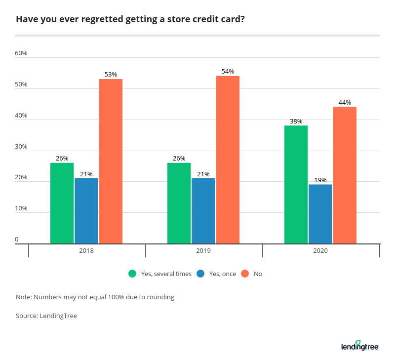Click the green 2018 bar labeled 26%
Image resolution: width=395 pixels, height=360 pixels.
coord(62,203)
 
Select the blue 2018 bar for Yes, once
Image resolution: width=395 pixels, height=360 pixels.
coord(86,211)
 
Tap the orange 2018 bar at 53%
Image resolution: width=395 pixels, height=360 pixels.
coord(111,161)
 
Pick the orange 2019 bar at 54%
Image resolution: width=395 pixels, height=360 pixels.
coord(228,160)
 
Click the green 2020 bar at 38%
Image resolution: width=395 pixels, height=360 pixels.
coord(296,184)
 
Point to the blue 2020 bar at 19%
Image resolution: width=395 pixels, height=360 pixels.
coord(320,214)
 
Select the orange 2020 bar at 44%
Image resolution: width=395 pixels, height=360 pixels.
coord(345,175)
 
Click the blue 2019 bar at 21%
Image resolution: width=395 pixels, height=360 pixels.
coord(203,211)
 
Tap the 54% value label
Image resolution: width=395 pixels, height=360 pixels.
coord(228,72)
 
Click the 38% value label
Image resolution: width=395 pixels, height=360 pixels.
coord(296,121)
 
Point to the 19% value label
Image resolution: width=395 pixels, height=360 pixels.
coord(320,180)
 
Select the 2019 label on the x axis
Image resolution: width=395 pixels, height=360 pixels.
coord(203,251)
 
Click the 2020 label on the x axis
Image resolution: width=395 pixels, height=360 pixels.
coord(320,251)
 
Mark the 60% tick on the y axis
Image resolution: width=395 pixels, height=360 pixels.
coord(21,53)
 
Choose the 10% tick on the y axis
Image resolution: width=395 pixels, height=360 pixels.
coord(21,208)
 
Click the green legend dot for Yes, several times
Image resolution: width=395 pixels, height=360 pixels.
coord(132,274)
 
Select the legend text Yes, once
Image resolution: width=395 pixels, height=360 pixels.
coord(223,274)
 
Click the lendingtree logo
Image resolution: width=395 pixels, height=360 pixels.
coord(359,346)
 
